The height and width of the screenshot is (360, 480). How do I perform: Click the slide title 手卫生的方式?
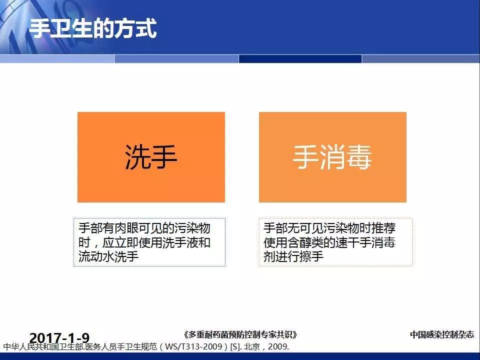click(x=93, y=28)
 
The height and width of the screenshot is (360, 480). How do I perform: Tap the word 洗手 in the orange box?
click(x=151, y=156)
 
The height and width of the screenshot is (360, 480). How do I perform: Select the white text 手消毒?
click(x=332, y=156)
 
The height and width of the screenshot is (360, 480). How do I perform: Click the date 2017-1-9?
click(x=59, y=338)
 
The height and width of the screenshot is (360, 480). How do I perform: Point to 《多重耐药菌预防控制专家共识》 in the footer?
click(x=240, y=334)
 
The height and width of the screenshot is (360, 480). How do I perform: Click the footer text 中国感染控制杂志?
click(x=442, y=334)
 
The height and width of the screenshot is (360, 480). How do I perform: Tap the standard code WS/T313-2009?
click(x=193, y=346)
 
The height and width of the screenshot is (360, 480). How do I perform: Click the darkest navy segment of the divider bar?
click(x=300, y=58)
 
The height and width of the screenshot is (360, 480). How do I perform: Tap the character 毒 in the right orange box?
click(x=359, y=156)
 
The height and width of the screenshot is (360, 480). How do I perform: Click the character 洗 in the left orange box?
click(x=137, y=156)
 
